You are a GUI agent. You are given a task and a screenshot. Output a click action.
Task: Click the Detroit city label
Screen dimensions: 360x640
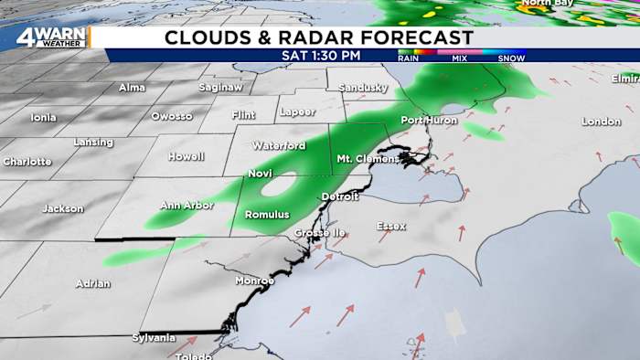(339, 197)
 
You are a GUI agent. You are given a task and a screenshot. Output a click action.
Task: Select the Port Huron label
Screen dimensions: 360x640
(427, 121)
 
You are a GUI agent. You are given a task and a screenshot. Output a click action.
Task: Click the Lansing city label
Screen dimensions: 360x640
(92, 143)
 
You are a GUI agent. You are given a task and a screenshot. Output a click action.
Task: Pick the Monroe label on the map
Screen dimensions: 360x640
(254, 281)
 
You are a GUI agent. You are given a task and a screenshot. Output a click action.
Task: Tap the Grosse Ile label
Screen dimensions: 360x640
(318, 233)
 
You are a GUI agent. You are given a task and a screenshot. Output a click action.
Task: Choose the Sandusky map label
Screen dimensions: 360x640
(364, 87)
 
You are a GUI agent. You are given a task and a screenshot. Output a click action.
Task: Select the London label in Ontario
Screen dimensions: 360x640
(601, 122)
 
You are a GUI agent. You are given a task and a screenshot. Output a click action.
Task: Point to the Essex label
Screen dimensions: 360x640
(391, 226)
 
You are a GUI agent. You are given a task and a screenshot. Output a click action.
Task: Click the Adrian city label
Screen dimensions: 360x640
(93, 283)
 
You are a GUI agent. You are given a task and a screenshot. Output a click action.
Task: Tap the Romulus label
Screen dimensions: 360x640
(267, 215)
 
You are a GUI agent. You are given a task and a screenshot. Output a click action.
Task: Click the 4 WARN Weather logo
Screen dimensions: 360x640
(50, 38)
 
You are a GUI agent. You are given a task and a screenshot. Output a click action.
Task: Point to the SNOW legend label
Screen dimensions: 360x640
(511, 58)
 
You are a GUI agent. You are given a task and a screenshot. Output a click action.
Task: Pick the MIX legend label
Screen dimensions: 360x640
(461, 58)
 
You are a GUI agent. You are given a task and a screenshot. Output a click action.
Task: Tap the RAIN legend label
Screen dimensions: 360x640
(409, 58)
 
